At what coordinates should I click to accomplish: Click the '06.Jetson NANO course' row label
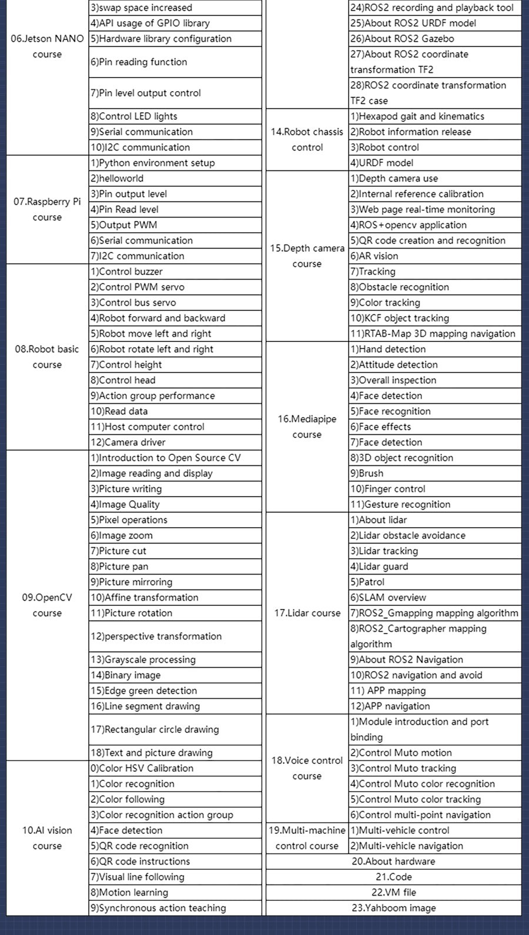point(47,46)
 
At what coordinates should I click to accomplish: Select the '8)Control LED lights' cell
point(134,116)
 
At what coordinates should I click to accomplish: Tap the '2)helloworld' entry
point(117,178)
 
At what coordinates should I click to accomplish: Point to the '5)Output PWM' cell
point(124,225)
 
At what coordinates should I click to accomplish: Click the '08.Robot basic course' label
point(47,357)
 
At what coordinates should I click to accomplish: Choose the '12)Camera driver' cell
point(128,443)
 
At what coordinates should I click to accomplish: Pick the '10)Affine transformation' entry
point(145,598)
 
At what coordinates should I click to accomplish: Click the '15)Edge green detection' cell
point(144,691)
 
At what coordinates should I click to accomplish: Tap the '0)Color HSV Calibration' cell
point(142,768)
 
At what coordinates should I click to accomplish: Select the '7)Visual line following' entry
point(138,877)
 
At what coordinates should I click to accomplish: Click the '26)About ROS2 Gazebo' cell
point(403,39)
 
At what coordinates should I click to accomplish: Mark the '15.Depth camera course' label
point(307,256)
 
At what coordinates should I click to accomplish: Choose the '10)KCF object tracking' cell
point(400,318)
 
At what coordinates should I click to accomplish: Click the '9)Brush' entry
point(367,473)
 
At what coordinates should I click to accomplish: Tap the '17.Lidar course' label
point(307,613)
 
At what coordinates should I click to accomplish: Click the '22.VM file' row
point(393,892)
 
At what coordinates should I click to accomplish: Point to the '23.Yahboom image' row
point(393,908)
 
